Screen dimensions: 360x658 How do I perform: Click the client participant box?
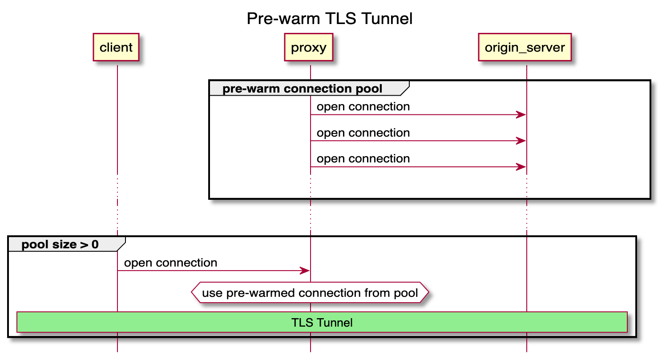(x=116, y=47)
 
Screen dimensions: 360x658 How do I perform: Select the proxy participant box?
(x=308, y=47)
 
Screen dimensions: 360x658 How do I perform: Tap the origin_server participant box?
(x=525, y=47)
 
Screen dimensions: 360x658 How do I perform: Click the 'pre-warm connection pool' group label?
(x=302, y=89)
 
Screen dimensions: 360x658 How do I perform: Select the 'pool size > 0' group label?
(x=60, y=244)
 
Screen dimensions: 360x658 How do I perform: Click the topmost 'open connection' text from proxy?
(x=363, y=107)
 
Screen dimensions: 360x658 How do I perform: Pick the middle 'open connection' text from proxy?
(x=363, y=133)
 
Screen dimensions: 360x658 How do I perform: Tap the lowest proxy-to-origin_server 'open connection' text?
(x=363, y=159)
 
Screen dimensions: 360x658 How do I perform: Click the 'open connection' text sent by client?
(x=170, y=263)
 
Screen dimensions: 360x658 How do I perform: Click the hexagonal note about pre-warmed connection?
(x=310, y=293)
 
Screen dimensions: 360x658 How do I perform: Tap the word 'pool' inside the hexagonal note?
(x=406, y=293)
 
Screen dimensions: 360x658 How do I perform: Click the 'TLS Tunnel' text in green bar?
(x=322, y=323)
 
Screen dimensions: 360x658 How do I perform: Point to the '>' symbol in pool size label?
(x=83, y=245)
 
